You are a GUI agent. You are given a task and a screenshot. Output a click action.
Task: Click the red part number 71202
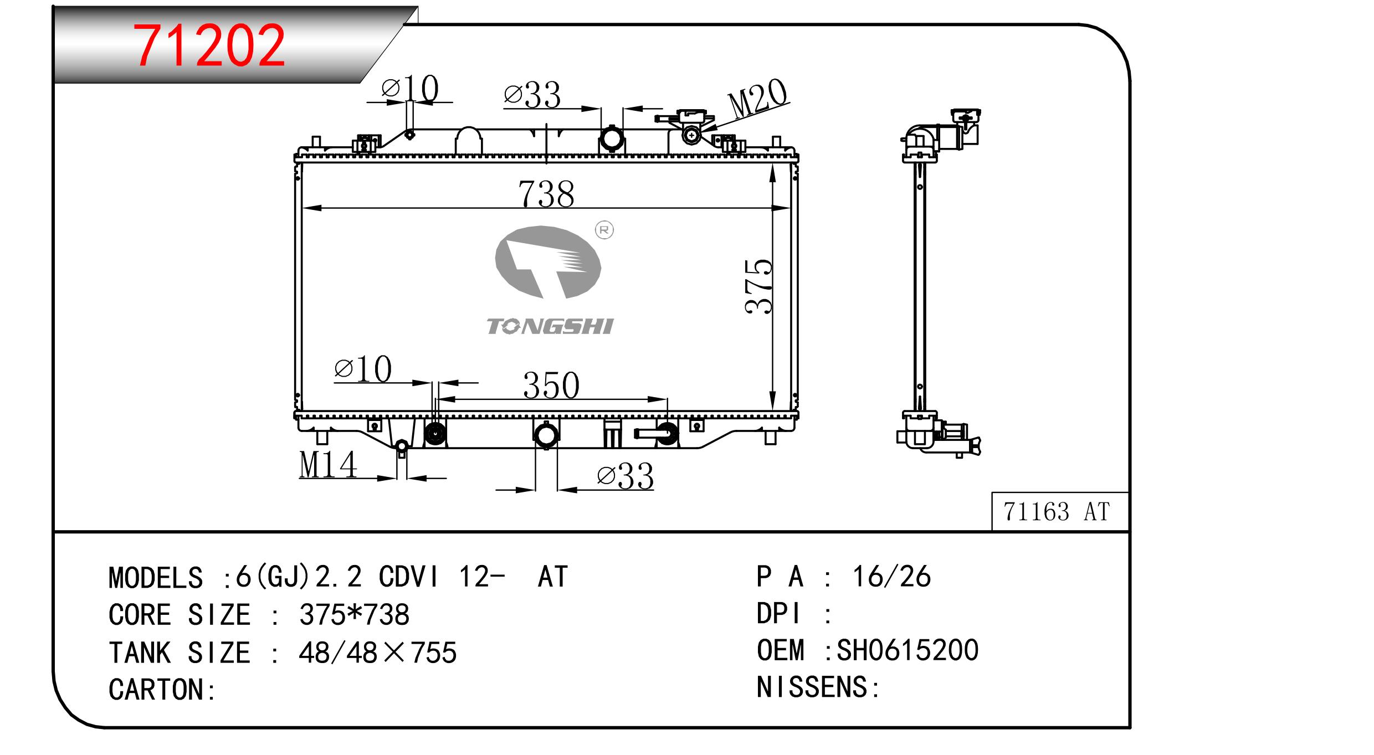pyautogui.click(x=211, y=45)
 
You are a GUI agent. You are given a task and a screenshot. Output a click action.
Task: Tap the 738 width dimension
pyautogui.click(x=546, y=194)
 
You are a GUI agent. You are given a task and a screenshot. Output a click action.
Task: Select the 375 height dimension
pyautogui.click(x=759, y=287)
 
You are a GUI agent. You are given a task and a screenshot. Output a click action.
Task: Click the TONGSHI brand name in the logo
pyautogui.click(x=550, y=326)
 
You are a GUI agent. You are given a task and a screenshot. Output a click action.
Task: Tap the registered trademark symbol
pyautogui.click(x=604, y=230)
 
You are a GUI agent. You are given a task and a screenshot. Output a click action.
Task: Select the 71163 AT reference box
pyautogui.click(x=1060, y=511)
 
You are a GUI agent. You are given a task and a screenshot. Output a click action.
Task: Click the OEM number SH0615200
pyautogui.click(x=908, y=650)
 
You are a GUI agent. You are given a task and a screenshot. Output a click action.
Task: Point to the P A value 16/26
pyautogui.click(x=891, y=577)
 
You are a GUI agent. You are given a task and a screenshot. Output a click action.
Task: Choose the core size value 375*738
pyautogui.click(x=354, y=614)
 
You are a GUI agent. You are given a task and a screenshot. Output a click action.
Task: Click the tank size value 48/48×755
pyautogui.click(x=377, y=653)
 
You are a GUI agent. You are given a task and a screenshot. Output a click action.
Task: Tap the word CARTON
pyautogui.click(x=157, y=690)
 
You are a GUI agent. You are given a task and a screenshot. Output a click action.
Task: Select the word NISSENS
pyautogui.click(x=813, y=687)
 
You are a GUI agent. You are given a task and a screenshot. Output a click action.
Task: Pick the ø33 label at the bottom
pyautogui.click(x=626, y=476)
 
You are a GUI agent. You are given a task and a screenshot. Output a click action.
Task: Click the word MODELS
pyautogui.click(x=156, y=578)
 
